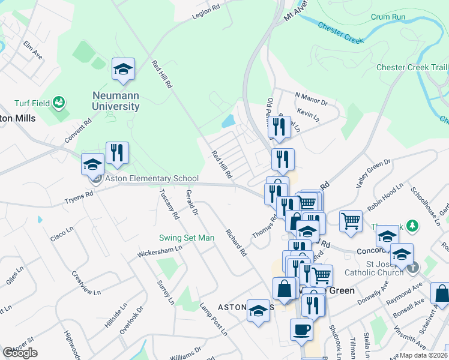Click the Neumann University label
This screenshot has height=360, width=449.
tap(116, 101)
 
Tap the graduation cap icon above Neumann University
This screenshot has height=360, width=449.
tap(122, 70)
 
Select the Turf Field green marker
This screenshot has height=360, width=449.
tap(59, 103)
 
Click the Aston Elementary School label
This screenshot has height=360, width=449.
tap(152, 178)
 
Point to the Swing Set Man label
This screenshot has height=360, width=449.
tap(187, 238)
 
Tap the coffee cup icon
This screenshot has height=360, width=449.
tap(301, 329)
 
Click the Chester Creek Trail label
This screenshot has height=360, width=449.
tap(412, 67)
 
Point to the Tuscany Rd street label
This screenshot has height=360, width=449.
tap(169, 203)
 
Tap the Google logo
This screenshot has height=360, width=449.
tap(20, 353)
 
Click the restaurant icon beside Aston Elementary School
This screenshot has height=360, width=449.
tap(117, 153)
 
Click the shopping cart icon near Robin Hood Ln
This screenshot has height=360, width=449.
tap(351, 221)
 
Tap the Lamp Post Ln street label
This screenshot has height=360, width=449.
tap(214, 319)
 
